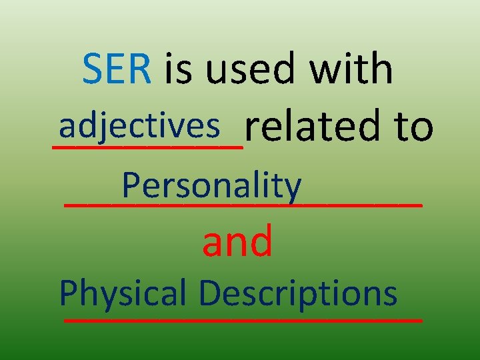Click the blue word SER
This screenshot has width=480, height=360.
coord(117,69)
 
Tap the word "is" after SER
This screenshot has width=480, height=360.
coord(177,69)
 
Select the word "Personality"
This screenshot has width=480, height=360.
coord(212,186)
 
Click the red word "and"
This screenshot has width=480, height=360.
coord(237,241)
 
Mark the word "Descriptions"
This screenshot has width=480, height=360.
coord(298,293)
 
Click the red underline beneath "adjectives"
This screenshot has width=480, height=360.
coord(147,142)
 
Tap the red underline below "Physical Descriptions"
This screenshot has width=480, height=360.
coord(243,321)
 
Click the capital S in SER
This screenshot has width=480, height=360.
coord(93,69)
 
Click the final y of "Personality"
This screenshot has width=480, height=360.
coord(294,189)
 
